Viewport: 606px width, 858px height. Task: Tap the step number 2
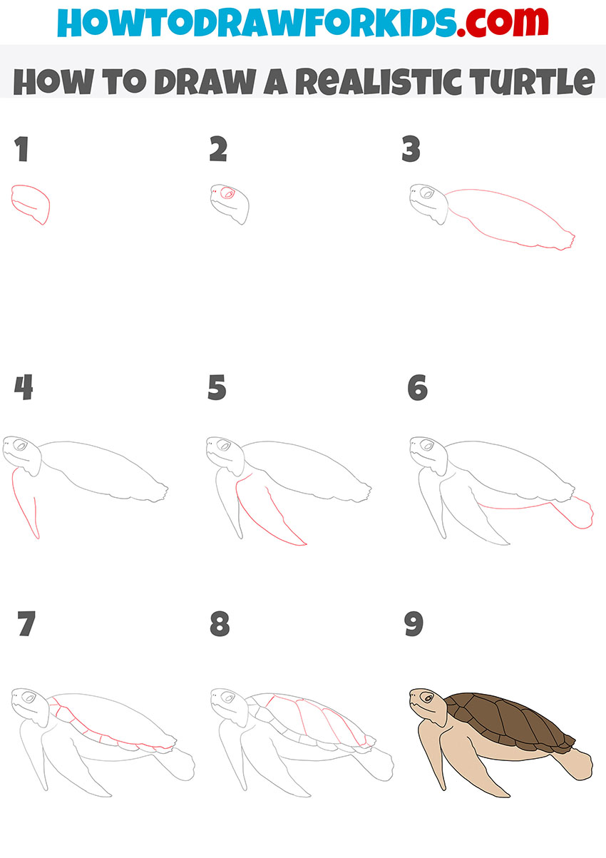pyautogui.click(x=217, y=150)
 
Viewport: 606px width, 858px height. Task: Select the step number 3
pyautogui.click(x=411, y=150)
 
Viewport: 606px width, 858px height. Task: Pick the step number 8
pyautogui.click(x=220, y=624)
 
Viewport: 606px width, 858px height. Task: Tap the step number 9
pyautogui.click(x=414, y=624)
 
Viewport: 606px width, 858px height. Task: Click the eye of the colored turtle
pyautogui.click(x=426, y=696)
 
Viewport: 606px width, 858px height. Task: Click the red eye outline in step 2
pyautogui.click(x=228, y=193)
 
